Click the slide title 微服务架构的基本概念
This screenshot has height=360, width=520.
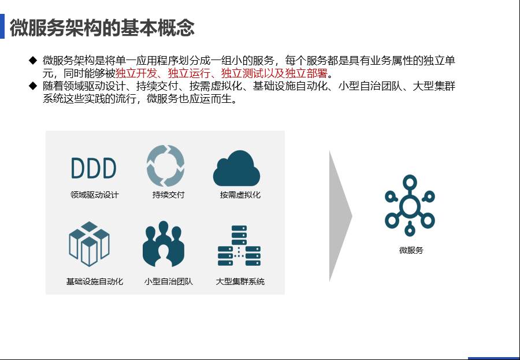pos(102,28)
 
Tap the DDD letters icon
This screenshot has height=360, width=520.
pos(94,168)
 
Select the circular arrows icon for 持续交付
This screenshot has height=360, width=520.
pos(165,166)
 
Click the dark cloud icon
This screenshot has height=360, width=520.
pos(236,168)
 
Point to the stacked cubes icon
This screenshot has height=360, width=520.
pos(89,244)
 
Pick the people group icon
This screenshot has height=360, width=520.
pos(164,244)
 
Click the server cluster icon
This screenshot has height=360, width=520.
pos(239,246)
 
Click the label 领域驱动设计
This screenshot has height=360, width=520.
pos(95,195)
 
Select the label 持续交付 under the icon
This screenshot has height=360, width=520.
pos(168,195)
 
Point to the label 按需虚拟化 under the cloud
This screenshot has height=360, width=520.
pos(240,195)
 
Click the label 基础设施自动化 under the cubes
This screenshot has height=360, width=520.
pos(95,281)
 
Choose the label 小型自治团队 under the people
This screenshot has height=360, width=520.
pos(169,281)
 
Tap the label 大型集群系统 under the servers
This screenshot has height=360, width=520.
pos(240,281)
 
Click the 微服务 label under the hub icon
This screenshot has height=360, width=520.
pos(411,250)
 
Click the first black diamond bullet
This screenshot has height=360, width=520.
pos(33,60)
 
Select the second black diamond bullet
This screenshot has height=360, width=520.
pos(33,86)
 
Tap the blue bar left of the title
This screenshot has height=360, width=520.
pos(2,26)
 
